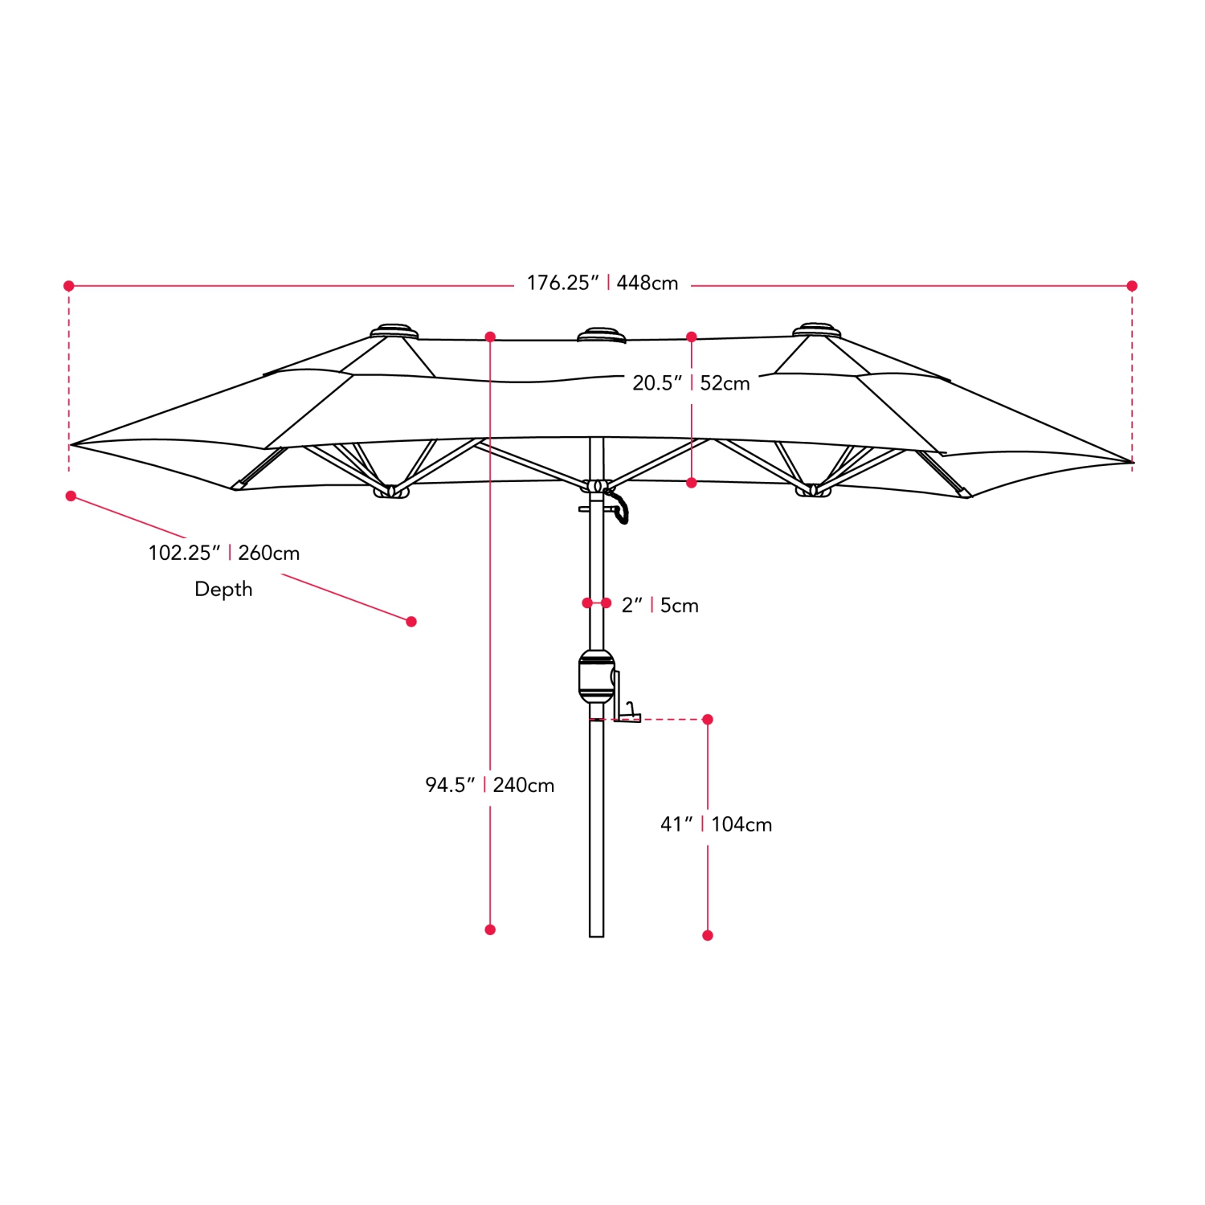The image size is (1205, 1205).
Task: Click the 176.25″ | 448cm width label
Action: point(602,284)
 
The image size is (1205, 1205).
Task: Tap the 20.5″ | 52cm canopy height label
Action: point(691,383)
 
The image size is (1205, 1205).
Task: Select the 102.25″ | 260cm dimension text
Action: point(224,553)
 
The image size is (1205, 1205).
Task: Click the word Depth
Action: point(223,590)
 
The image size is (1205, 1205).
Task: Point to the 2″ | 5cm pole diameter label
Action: point(660,606)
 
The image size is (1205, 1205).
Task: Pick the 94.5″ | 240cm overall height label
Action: point(490,785)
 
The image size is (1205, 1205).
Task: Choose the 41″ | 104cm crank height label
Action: point(716,824)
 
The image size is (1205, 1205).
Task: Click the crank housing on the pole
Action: point(596,676)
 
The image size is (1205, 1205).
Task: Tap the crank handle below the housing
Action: point(629,713)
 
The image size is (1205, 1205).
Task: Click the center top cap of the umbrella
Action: point(602,334)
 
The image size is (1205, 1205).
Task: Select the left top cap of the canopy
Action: point(394,331)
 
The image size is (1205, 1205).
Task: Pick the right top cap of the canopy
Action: point(816,330)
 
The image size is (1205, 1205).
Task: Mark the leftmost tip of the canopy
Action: point(72,444)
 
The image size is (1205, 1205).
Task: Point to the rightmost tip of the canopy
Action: point(1131,462)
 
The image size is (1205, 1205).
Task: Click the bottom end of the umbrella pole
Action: point(596,933)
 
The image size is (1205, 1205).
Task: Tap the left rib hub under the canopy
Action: point(391,491)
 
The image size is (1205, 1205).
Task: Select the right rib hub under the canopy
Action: point(813,490)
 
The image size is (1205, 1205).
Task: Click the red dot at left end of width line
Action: point(69,286)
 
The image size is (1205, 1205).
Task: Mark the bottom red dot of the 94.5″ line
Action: point(490,929)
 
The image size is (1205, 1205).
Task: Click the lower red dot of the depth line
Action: point(411,622)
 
